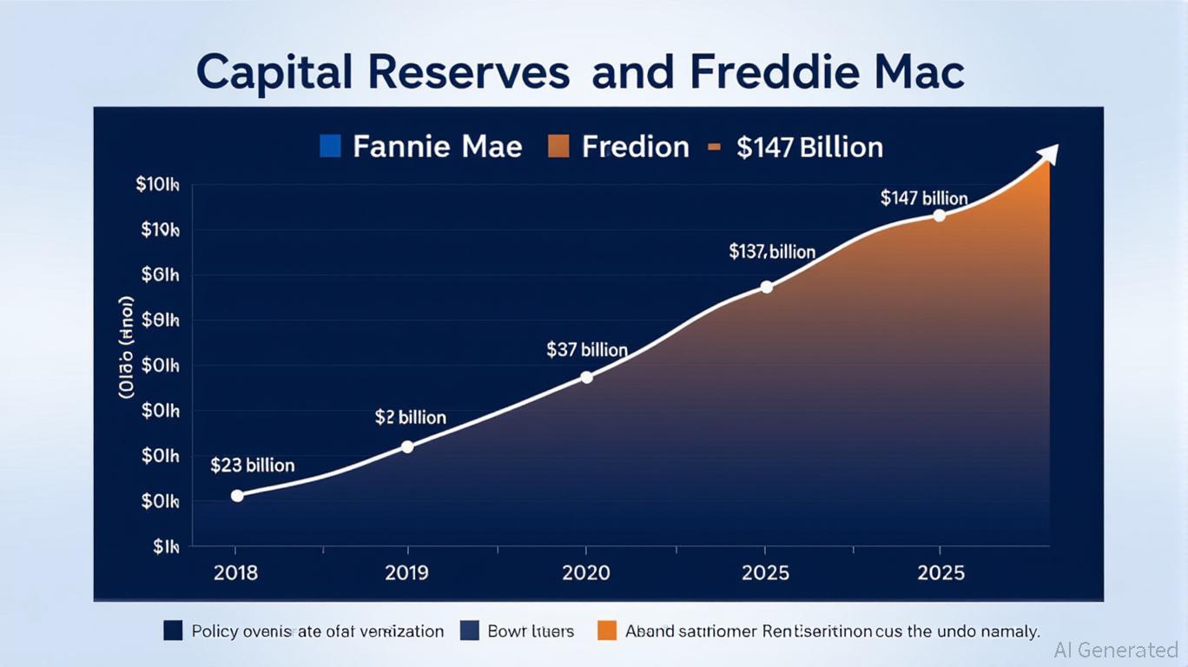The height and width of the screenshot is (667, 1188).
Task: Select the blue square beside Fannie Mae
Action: point(330,146)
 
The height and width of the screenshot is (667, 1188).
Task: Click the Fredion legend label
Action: point(635,147)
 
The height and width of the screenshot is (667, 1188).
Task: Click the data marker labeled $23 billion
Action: point(237,495)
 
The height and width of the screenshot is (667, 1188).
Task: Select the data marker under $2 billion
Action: point(407,446)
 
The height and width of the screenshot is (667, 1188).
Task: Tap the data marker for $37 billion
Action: point(586,377)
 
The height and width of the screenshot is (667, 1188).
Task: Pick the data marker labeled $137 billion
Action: point(766,287)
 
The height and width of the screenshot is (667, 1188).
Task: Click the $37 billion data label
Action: point(587,350)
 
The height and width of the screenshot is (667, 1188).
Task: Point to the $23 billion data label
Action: point(253,466)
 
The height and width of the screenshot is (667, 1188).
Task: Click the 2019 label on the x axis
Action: point(408,573)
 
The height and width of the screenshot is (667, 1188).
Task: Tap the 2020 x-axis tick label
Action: point(586,573)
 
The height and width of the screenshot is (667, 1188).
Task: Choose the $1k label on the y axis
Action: point(166,547)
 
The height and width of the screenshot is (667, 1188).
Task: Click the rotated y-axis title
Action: point(127,347)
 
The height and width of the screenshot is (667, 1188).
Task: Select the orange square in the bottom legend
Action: point(608,631)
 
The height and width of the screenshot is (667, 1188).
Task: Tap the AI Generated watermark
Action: point(1116,650)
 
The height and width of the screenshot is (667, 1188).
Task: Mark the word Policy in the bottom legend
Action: point(215,631)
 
